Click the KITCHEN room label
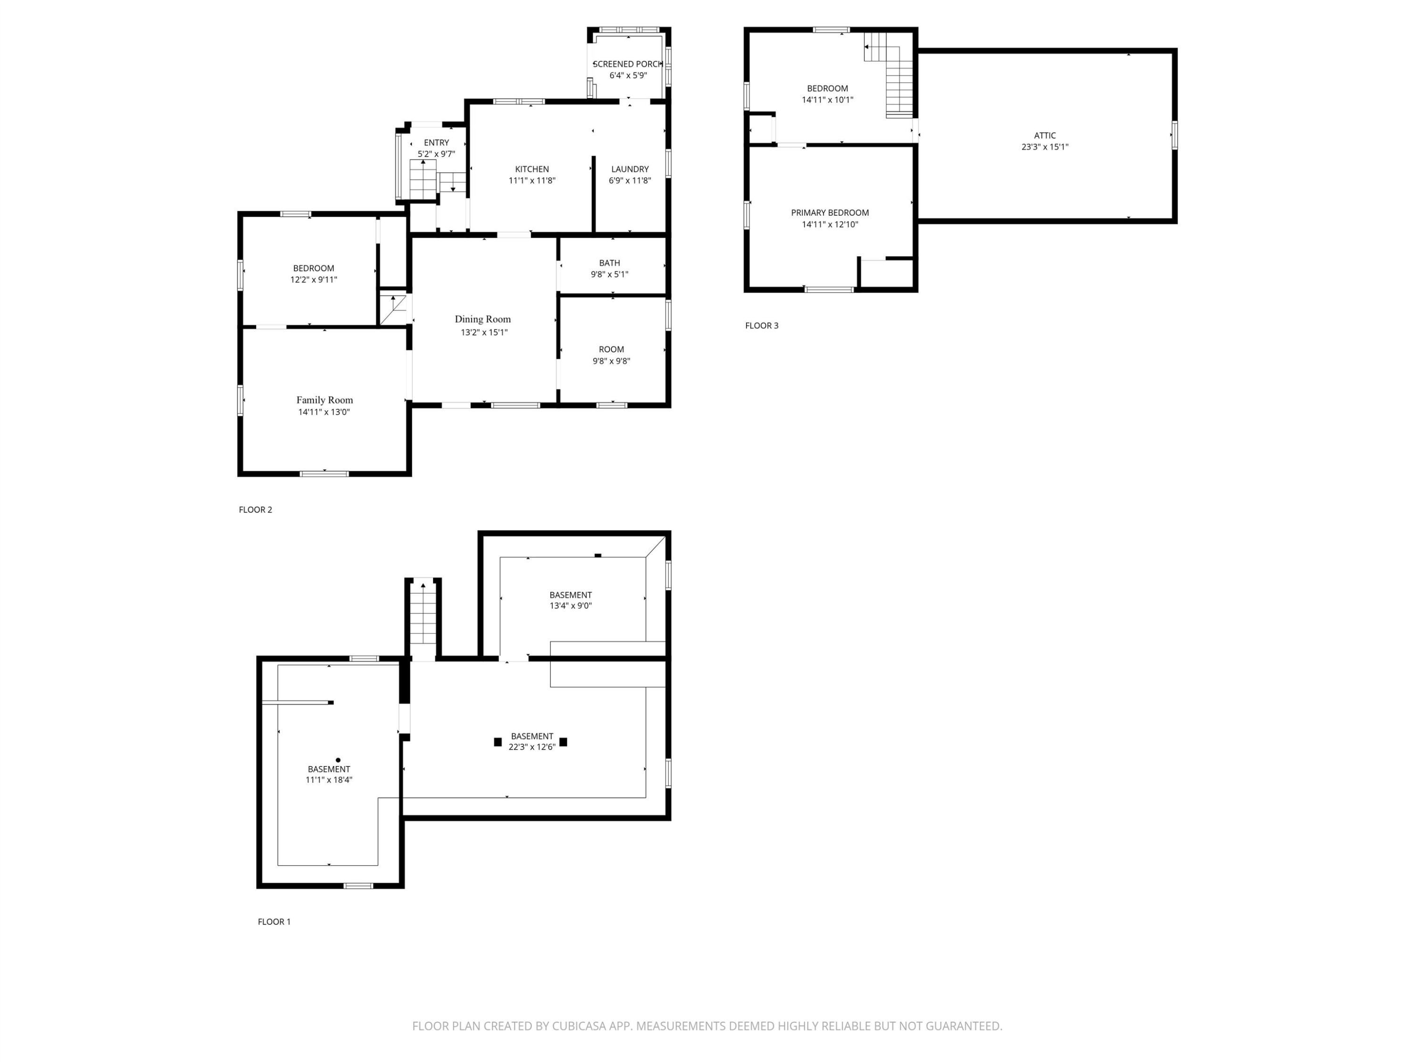coord(532,169)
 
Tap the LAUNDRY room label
coord(630,169)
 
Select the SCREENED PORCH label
coord(627,64)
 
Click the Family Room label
coord(325,400)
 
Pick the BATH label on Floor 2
coord(609,262)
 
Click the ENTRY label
coord(436,143)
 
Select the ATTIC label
coord(1045,135)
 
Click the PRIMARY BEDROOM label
coord(830,212)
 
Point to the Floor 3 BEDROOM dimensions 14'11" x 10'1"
coord(827,100)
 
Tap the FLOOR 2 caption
coord(255,510)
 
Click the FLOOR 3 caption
coord(761,325)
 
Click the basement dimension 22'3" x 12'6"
coord(532,747)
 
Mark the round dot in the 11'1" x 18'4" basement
coord(338,760)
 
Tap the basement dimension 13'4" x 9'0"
coord(571,606)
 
